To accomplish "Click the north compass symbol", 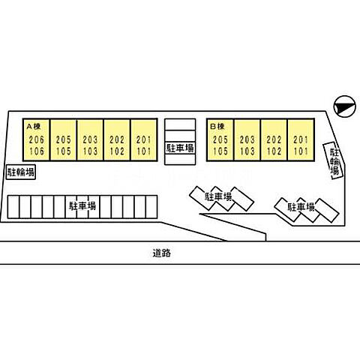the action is pos(345,106).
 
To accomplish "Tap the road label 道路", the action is pos(162,253).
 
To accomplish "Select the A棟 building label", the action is pos(34,127).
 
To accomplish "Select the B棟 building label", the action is pos(217,127).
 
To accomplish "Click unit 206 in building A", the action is pos(37,139).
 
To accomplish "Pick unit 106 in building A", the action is pos(37,151).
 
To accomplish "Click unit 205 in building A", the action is pos(63,139).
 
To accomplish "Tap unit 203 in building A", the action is pos(90,139).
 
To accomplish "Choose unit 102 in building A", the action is pos(117,151).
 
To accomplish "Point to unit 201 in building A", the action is pos(144,139).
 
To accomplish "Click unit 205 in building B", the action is pos(220,139).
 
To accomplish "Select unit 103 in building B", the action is pos(247,151).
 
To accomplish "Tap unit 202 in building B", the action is pos(274,139).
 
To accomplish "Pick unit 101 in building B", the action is pos(301,151).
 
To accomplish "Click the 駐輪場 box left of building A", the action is pos(21,172).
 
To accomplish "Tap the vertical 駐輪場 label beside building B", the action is pos(335,161).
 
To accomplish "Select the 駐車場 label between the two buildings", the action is pos(180,148).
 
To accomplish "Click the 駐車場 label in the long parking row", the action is pos(82,206).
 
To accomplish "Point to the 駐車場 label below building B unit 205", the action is pos(218,196).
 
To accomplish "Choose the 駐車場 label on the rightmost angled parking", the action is pos(301,207).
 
